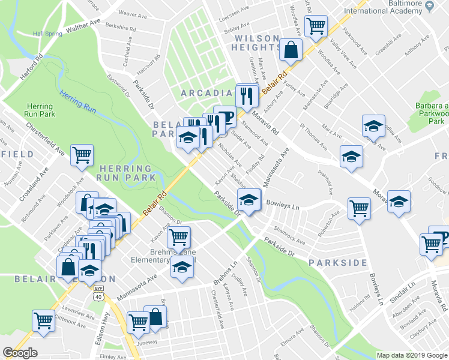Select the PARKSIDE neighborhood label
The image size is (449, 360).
point(337,263)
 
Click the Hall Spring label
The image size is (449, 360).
point(47,34)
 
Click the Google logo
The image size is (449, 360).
point(20,353)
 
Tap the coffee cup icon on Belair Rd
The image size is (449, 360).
point(224,115)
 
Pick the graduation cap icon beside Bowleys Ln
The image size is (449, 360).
point(249,199)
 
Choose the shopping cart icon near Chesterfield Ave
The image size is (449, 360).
point(82,154)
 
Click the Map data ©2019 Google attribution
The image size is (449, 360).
point(411,355)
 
